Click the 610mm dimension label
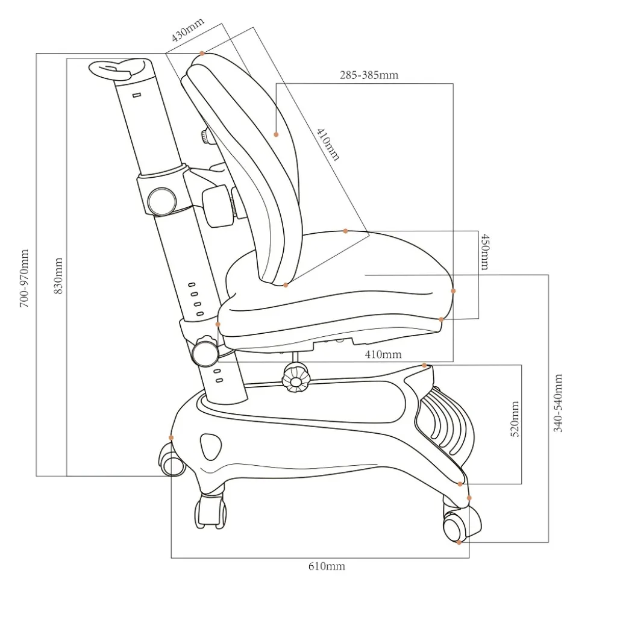[x=327, y=566]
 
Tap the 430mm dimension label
[x=188, y=30]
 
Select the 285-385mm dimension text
[x=369, y=75]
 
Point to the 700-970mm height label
[x=24, y=278]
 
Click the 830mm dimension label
[x=58, y=276]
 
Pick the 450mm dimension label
[x=486, y=252]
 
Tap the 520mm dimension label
[x=515, y=419]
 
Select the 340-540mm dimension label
[x=558, y=403]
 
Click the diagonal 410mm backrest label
[x=328, y=145]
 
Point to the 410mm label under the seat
[x=383, y=354]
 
